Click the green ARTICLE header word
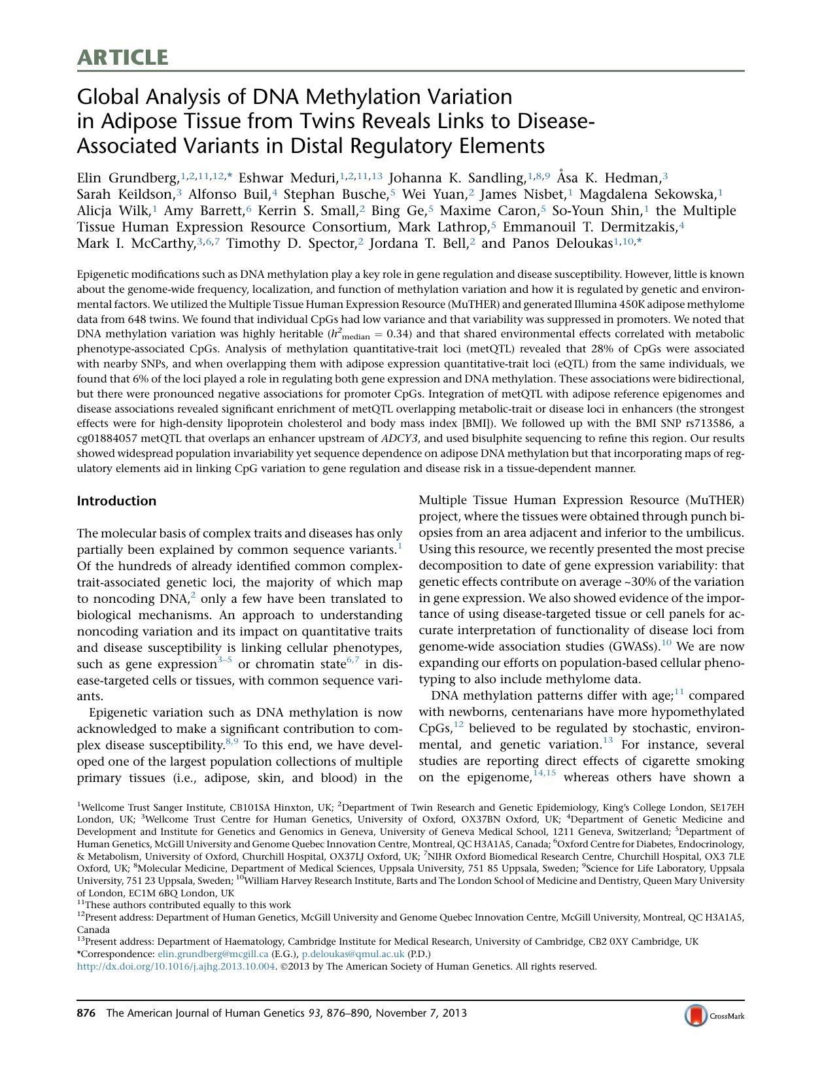pyautogui.click(x=122, y=58)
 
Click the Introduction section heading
pyautogui.click(x=116, y=501)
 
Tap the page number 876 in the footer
pyautogui.click(x=86, y=1013)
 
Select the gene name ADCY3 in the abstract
pyautogui.click(x=400, y=437)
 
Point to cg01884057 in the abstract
pyautogui.click(x=109, y=437)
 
